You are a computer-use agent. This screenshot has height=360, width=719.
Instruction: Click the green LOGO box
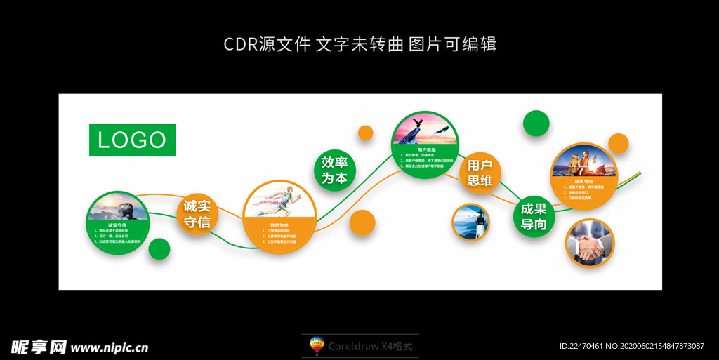(132, 140)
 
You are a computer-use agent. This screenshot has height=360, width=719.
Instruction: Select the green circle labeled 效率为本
(334, 170)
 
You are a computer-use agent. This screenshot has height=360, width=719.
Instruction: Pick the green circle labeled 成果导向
(534, 217)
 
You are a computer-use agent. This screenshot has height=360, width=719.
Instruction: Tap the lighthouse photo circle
(470, 222)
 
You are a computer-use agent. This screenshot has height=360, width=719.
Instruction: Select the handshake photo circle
(590, 244)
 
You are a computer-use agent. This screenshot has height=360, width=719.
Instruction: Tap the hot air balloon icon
(317, 346)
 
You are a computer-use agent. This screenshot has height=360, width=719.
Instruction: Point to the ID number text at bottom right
(631, 347)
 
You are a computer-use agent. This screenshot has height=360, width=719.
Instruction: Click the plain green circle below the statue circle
(159, 249)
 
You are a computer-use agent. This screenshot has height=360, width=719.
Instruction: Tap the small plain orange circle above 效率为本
(365, 133)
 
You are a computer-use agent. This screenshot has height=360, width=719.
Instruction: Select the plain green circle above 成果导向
(536, 123)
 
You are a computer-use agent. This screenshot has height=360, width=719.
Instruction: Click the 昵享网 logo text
(38, 347)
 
